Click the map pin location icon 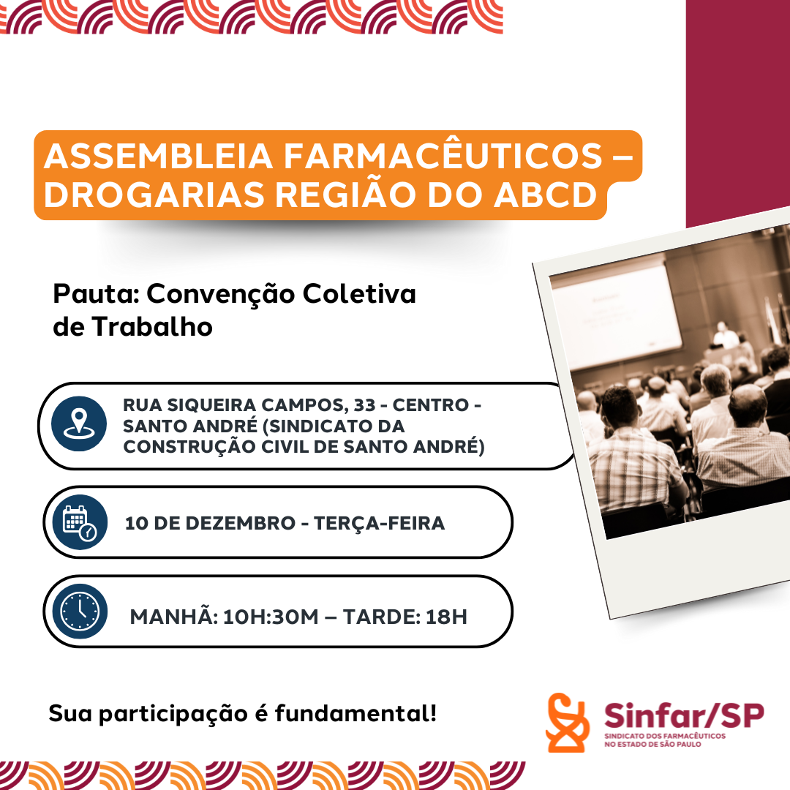[78, 424]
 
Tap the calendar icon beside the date [80, 522]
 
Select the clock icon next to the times [80, 611]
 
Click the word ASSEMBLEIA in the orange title [158, 157]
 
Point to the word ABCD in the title [545, 195]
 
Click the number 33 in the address [364, 405]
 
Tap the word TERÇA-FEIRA [380, 523]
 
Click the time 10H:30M [271, 617]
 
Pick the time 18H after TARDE [446, 617]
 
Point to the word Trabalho [152, 326]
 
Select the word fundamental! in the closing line [355, 713]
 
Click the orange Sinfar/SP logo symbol [568, 723]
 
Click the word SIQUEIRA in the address [211, 405]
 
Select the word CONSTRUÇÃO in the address [189, 446]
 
